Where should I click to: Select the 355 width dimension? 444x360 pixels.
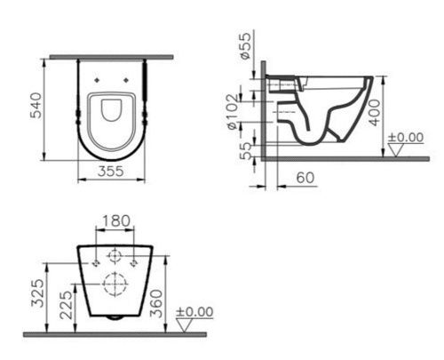[x=110, y=172]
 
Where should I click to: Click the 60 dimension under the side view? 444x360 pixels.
[x=304, y=179]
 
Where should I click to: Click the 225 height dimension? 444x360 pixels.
[x=65, y=305]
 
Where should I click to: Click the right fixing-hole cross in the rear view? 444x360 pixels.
[x=132, y=263]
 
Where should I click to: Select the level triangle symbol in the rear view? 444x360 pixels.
[x=186, y=326]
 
